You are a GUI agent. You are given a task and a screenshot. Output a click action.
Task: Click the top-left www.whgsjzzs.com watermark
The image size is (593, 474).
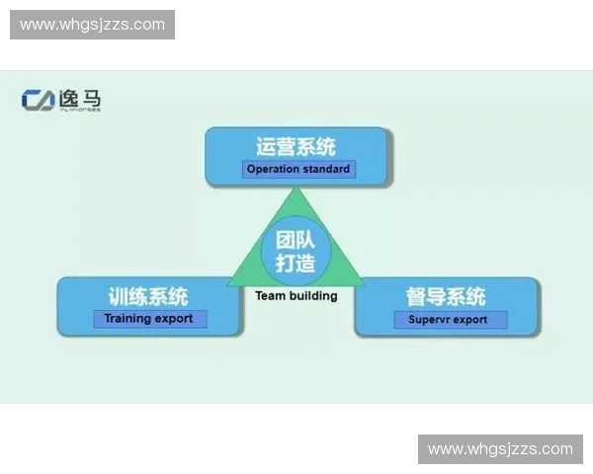(x=94, y=25)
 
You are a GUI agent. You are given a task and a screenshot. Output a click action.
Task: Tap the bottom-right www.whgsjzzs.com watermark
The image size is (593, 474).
(x=499, y=449)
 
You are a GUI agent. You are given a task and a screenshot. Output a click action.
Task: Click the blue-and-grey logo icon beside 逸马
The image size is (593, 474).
(x=40, y=100)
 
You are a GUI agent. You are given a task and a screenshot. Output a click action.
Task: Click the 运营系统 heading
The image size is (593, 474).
(x=296, y=147)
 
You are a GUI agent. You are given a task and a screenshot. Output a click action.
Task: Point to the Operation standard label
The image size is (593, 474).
(x=297, y=169)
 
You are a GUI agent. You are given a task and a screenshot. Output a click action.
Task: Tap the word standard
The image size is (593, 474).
(x=328, y=169)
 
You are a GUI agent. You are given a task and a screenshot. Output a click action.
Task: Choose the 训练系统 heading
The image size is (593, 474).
(x=148, y=297)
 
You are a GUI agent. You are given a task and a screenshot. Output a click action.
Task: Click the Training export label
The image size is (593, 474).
(x=149, y=319)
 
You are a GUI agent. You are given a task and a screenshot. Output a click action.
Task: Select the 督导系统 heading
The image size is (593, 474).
(x=446, y=297)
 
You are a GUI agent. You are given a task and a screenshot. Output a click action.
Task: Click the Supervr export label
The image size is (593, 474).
(x=448, y=320)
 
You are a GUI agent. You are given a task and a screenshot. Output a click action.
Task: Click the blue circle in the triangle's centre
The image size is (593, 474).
(x=296, y=249)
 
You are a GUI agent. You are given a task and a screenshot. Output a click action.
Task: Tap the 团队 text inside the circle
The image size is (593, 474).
(x=296, y=238)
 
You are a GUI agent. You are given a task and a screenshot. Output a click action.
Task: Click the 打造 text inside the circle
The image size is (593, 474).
(x=296, y=263)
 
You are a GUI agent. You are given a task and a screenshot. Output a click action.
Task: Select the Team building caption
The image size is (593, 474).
(x=296, y=295)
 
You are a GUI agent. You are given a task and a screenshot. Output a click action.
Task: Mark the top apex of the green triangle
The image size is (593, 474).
(x=296, y=190)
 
